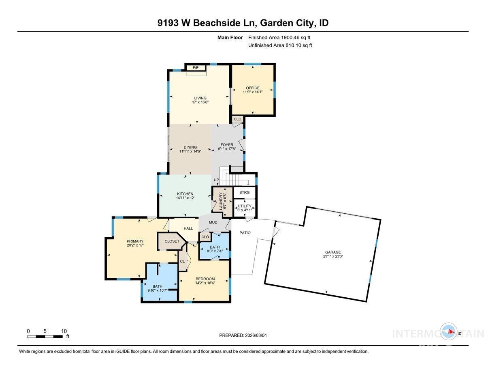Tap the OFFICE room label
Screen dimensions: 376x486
pyautogui.click(x=253, y=88)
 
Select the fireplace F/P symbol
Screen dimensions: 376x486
pyautogui.click(x=196, y=67)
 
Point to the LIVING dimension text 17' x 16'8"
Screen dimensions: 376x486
pyautogui.click(x=200, y=103)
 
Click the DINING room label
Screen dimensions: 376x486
pyautogui.click(x=190, y=147)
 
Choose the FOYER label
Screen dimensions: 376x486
pyautogui.click(x=227, y=144)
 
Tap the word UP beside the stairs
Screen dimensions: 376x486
pyautogui.click(x=216, y=180)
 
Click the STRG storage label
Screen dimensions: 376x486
pyautogui.click(x=245, y=192)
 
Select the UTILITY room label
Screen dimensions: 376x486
pyautogui.click(x=245, y=206)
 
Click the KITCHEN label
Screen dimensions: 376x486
pyautogui.click(x=185, y=193)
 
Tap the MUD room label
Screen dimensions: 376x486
pyautogui.click(x=213, y=222)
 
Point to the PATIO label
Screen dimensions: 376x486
pyautogui.click(x=245, y=233)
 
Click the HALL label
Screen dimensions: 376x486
pyautogui.click(x=188, y=228)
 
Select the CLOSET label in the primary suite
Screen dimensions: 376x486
pyautogui.click(x=172, y=241)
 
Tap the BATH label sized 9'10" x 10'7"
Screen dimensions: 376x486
pyautogui.click(x=157, y=286)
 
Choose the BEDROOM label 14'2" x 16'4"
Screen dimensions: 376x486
pyautogui.click(x=205, y=279)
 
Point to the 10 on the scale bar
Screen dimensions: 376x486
pyautogui.click(x=64, y=331)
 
